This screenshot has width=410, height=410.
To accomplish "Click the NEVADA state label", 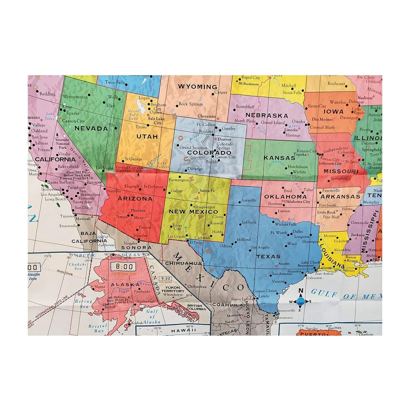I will tap(91, 129).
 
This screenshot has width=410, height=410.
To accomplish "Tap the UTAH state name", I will tap(147, 137).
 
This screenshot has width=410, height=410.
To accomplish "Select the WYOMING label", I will tap(197, 87).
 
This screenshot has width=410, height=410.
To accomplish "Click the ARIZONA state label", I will tap(135, 199).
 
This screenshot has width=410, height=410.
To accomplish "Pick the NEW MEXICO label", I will tap(193, 212).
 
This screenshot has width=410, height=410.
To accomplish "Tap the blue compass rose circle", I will tap(301, 301).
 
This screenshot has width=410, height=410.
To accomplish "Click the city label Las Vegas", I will tap(105, 168).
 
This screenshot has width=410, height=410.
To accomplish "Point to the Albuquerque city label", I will tap(204, 207).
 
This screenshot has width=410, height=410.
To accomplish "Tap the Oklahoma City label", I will tap(297, 202).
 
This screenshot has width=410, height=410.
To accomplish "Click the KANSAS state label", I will tap(279, 158).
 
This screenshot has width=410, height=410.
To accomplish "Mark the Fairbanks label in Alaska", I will tap(142, 291).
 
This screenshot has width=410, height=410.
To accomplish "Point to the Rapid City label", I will tap(250, 78).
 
